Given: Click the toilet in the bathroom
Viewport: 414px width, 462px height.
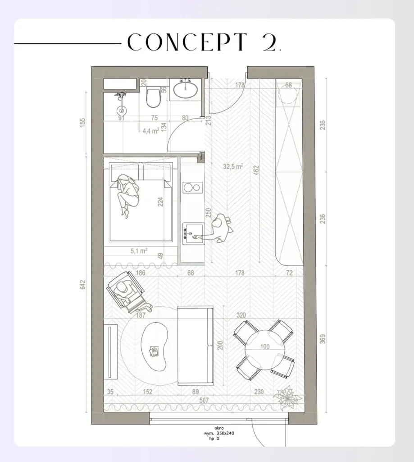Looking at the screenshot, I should pos(153,97).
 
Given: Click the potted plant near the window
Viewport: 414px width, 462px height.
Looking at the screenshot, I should pos(287,396).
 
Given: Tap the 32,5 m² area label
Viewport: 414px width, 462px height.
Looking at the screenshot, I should pos(233,166).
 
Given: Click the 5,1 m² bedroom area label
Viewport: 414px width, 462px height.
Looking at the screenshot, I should pos(139,251).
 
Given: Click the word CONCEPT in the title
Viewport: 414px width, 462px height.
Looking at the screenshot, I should pos(187,43).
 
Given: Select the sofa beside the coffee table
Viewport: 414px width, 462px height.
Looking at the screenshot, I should pos(196,346).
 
